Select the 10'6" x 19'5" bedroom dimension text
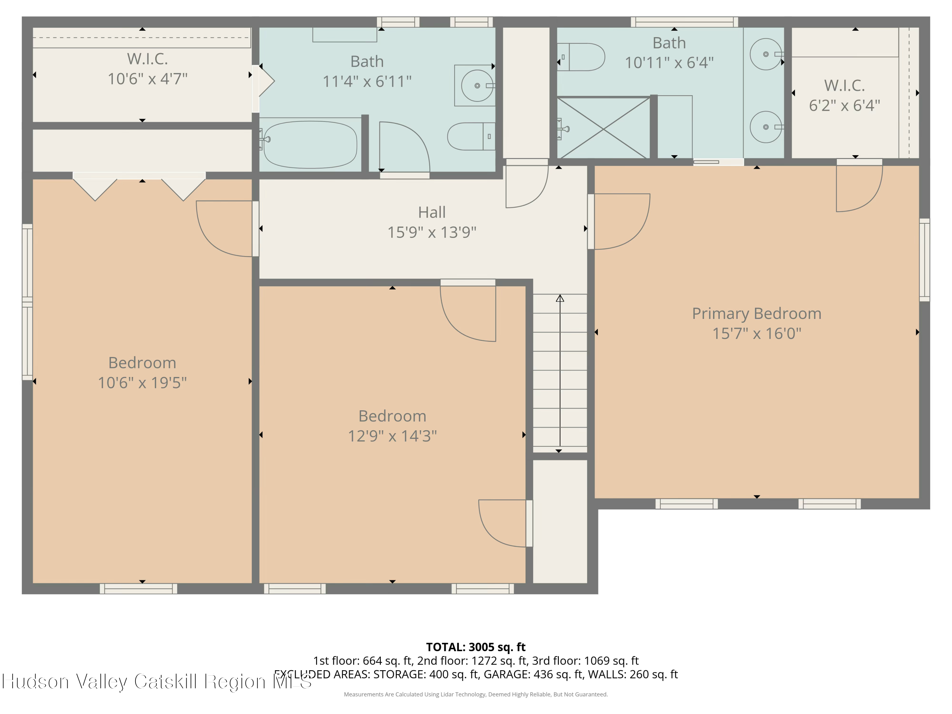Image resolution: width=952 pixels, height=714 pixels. pyautogui.click(x=142, y=383)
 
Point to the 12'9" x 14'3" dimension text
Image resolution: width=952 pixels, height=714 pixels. pyautogui.click(x=392, y=436)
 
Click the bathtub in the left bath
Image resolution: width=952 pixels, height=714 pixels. pyautogui.click(x=310, y=145)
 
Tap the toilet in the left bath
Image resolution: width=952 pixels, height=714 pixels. pyautogui.click(x=471, y=136)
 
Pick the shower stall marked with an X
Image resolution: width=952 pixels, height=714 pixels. pyautogui.click(x=603, y=128)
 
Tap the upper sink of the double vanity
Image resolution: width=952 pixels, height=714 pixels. pyautogui.click(x=766, y=54)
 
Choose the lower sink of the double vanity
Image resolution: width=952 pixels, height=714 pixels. pyautogui.click(x=766, y=127)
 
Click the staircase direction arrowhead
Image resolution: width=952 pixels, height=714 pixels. pyautogui.click(x=560, y=298)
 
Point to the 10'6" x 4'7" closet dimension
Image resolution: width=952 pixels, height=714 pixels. pyautogui.click(x=148, y=79)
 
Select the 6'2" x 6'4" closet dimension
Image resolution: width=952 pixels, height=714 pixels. pyautogui.click(x=844, y=105)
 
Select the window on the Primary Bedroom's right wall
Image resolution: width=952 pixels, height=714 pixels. pyautogui.click(x=924, y=260)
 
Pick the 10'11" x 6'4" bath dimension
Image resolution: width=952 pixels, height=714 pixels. pyautogui.click(x=669, y=63)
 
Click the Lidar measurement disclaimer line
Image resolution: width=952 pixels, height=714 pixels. pyautogui.click(x=476, y=694)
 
